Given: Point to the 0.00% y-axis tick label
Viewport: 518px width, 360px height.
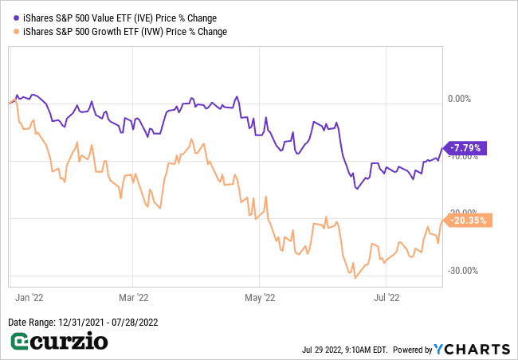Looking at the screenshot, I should (461, 99).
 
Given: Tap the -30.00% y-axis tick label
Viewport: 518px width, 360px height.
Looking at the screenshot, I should (463, 270).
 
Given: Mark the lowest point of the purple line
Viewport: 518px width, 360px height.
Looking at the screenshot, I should (357, 189).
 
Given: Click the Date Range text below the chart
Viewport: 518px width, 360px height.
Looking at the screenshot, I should (81, 323).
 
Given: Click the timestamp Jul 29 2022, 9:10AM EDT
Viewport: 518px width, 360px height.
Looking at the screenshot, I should (344, 350).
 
